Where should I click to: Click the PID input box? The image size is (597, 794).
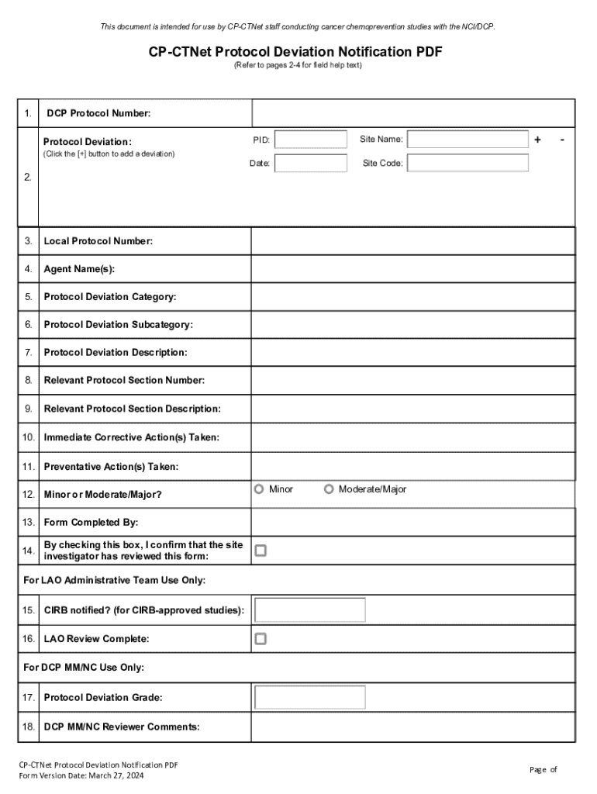coord(311,140)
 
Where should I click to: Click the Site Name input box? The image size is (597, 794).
coord(468,140)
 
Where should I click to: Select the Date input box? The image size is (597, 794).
coord(311,164)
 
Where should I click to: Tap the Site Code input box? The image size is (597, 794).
coord(468,164)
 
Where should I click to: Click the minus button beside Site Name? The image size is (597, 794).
coord(562,140)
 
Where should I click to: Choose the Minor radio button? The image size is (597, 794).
coord(259,489)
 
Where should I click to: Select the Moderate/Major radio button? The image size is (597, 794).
coord(329,489)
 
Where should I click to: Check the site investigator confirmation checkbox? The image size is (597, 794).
coord(261,551)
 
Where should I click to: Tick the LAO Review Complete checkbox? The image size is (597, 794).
coord(261,639)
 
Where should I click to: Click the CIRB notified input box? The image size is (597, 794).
coord(310,609)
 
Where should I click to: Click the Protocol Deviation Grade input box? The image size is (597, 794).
coord(310,697)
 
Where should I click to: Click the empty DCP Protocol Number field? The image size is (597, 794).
coord(412,113)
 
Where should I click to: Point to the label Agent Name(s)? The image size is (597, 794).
coord(79,269)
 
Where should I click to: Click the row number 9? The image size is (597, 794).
coord(28,409)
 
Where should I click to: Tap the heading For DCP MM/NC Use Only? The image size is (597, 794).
coord(84,668)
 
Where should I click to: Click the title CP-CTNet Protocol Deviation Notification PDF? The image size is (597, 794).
coord(298,52)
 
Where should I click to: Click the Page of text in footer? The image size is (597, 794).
coord(543,769)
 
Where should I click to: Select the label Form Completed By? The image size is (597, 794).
coord(91,523)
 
